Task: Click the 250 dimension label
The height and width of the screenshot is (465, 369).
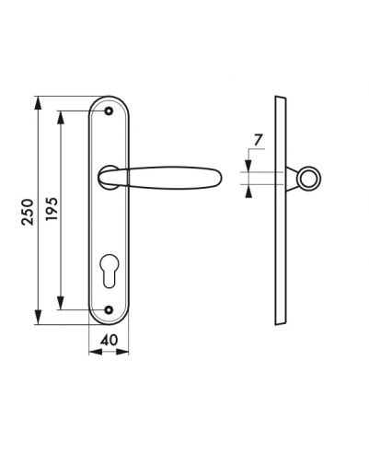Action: [28, 212]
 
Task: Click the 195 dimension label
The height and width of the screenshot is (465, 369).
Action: [52, 209]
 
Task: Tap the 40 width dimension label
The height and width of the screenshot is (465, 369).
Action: [109, 340]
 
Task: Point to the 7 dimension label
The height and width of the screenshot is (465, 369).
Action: [258, 140]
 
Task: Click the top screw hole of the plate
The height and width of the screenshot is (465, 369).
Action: [109, 111]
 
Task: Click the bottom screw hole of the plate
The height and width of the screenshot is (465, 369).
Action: [109, 309]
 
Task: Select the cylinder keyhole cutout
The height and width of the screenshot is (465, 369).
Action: [109, 271]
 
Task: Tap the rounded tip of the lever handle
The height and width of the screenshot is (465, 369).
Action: [220, 177]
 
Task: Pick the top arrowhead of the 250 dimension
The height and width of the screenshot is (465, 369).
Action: [38, 103]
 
